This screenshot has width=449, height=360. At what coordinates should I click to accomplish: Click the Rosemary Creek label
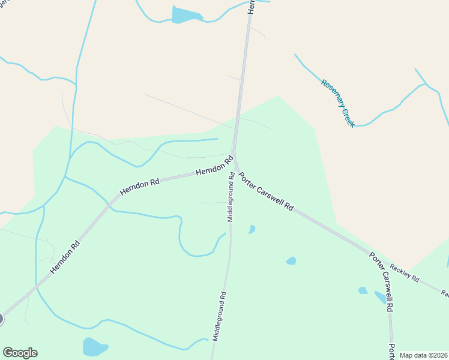(338, 103)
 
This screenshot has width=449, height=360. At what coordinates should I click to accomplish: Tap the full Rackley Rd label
(404, 272)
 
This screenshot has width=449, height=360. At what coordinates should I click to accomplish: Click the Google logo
(20, 353)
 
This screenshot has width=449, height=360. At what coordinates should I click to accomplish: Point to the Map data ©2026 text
(423, 355)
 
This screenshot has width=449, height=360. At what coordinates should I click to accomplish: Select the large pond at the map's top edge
(186, 14)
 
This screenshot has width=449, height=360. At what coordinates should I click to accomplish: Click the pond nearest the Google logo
(94, 347)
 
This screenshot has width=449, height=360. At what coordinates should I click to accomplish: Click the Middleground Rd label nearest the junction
(230, 197)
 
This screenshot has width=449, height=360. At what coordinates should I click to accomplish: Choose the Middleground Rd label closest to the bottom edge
(218, 317)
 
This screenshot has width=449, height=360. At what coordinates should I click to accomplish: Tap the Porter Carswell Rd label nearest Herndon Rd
(266, 191)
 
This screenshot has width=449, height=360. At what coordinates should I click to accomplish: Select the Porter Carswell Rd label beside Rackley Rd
(381, 281)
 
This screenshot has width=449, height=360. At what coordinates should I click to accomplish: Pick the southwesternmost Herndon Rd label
(65, 258)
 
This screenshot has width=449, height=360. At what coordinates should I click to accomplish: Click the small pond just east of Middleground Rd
(252, 229)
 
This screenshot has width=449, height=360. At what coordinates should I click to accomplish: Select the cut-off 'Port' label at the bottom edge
(391, 352)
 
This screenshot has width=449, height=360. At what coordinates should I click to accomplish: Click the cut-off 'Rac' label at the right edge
(444, 293)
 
